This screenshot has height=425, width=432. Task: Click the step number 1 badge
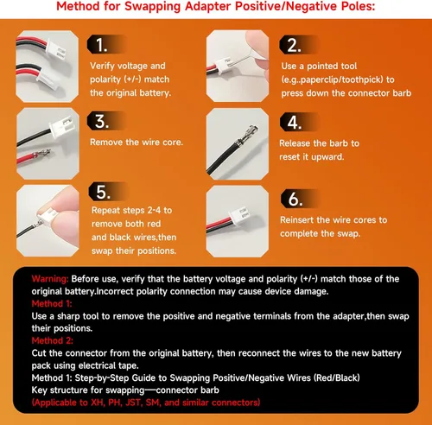pyautogui.click(x=106, y=45)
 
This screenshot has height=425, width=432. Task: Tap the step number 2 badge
pyautogui.click(x=298, y=45)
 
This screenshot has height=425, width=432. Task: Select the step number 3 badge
pyautogui.click(x=106, y=121)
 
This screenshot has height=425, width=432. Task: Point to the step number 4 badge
pyautogui.click(x=299, y=122)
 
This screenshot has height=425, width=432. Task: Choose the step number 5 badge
pyautogui.click(x=108, y=192)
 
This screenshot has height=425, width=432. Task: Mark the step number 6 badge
pyautogui.click(x=300, y=199)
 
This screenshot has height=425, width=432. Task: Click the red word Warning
pyautogui.click(x=50, y=279)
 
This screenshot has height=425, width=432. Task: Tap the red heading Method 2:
pyautogui.click(x=52, y=340)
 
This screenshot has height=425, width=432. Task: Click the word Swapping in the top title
pyautogui.click(x=153, y=6)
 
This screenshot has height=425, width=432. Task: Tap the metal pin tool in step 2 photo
pyautogui.click(x=245, y=58)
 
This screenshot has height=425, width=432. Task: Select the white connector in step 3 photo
pyautogui.click(x=61, y=125)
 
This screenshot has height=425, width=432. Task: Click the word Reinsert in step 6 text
pyautogui.click(x=297, y=220)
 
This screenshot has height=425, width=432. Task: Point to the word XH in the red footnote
pyautogui.click(x=98, y=403)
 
